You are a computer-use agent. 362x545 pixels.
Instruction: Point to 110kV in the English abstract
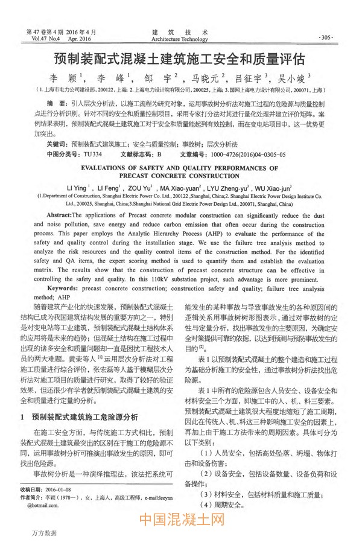pyautogui.click(x=171, y=279)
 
